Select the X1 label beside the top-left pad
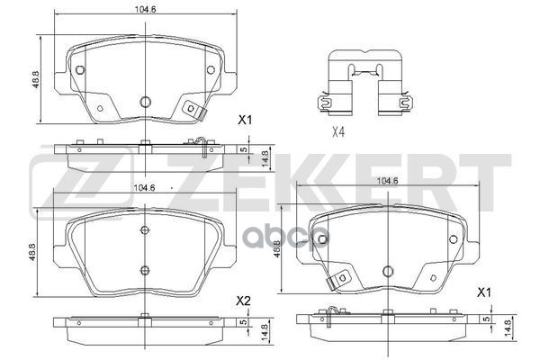point(244,120)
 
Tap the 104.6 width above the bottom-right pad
point(389,181)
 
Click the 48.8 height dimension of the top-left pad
point(36,80)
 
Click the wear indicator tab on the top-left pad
point(193,110)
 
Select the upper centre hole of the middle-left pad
point(145,229)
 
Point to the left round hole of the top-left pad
point(79,71)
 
